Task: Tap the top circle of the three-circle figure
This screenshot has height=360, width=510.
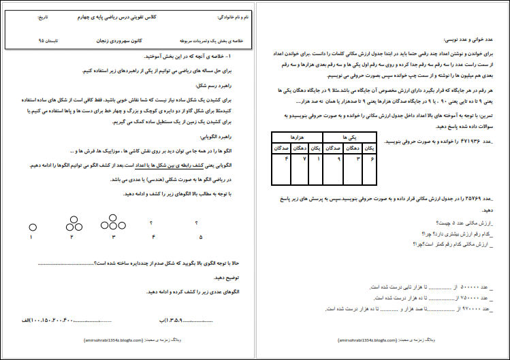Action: [71, 218]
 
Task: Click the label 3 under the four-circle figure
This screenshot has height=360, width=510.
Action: [114, 237]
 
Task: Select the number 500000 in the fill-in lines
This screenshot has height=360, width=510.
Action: [469, 288]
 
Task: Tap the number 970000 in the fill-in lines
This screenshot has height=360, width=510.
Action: [469, 308]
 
